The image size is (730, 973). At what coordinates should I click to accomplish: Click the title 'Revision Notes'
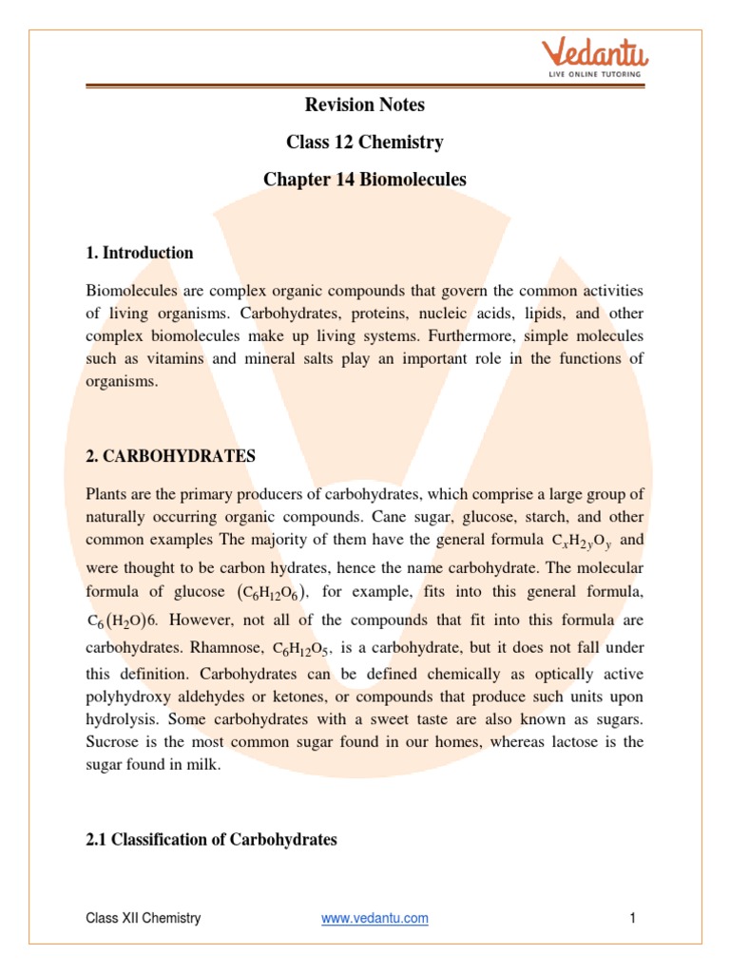365,105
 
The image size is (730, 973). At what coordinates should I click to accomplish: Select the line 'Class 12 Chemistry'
365,143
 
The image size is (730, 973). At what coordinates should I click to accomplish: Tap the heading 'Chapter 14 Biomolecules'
365,179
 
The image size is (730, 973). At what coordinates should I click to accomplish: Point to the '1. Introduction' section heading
140,253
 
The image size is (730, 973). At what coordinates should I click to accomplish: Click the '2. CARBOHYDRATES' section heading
170,456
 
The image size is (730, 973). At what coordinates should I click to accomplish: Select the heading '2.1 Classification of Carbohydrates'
211,840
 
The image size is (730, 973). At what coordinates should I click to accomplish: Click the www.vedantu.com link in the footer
375,918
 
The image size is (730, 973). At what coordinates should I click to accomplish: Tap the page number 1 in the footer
631,918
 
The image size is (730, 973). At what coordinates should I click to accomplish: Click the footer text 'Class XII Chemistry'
144,918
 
